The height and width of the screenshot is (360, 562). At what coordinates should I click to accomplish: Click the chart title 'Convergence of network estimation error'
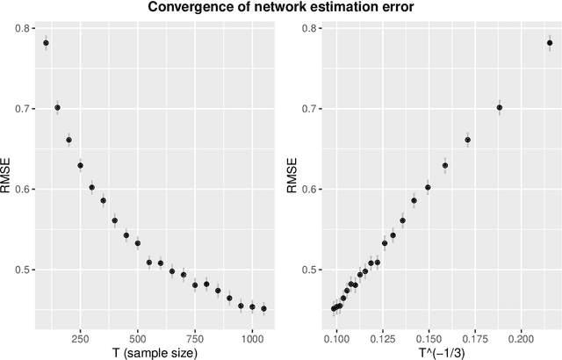point(281,9)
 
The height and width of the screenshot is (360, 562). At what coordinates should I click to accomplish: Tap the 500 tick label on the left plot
point(137,335)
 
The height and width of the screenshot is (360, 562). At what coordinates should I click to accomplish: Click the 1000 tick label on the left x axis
point(252,335)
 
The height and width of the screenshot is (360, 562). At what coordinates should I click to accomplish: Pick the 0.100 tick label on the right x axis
point(337,335)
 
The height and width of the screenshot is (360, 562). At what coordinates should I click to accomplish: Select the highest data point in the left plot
point(46,42)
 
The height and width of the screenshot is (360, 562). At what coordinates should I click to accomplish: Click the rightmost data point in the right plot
point(550,42)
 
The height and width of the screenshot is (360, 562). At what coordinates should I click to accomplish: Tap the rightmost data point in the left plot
point(263,308)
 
